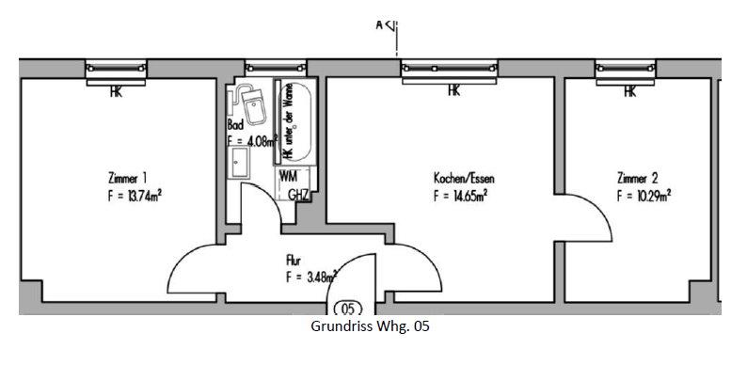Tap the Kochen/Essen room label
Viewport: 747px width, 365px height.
pyautogui.click(x=463, y=178)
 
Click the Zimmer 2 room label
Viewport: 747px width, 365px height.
pyautogui.click(x=637, y=178)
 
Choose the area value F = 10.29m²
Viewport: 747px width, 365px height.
pyautogui.click(x=643, y=197)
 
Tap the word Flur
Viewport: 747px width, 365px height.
pyautogui.click(x=294, y=259)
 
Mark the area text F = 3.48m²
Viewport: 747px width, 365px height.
pyautogui.click(x=310, y=278)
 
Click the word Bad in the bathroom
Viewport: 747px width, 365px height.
pyautogui.click(x=235, y=124)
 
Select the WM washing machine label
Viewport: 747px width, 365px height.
pyautogui.click(x=289, y=177)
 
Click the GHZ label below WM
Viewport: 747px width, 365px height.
pyautogui.click(x=298, y=195)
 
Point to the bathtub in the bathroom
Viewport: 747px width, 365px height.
pyautogui.click(x=294, y=120)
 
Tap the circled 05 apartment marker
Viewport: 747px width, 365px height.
pyautogui.click(x=346, y=308)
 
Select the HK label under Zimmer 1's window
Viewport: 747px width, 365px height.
pyautogui.click(x=116, y=92)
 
